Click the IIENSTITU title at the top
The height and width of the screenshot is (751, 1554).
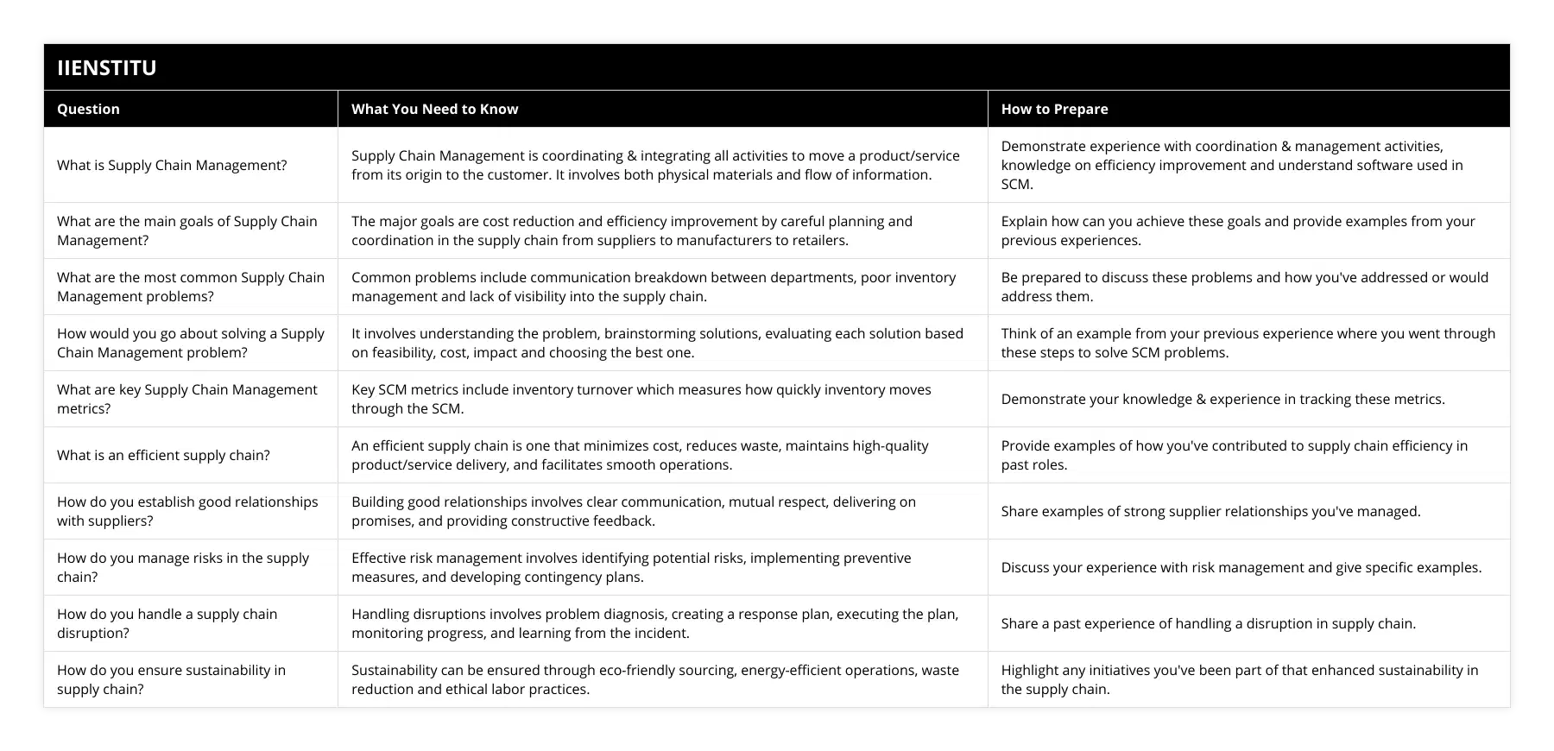(x=107, y=67)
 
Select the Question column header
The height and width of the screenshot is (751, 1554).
(x=88, y=109)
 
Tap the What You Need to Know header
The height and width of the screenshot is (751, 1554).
(x=434, y=109)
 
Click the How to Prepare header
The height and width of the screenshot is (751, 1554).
(x=1054, y=109)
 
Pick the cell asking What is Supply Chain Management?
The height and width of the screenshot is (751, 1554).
(x=172, y=165)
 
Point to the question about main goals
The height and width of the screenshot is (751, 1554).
(x=186, y=230)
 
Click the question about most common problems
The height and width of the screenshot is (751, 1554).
(x=190, y=287)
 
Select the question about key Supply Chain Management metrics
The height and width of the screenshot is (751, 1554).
(x=186, y=399)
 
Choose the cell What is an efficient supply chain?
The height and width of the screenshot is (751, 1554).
(x=163, y=455)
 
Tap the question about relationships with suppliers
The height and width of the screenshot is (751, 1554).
(x=186, y=511)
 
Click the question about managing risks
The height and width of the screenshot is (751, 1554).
(x=182, y=567)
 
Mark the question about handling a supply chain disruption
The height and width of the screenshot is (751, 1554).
(x=167, y=623)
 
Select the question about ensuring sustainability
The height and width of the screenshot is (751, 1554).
(x=171, y=679)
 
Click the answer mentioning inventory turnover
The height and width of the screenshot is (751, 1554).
(x=641, y=399)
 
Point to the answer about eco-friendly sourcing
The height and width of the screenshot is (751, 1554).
(x=654, y=679)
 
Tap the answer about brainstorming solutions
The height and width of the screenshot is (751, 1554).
(x=656, y=343)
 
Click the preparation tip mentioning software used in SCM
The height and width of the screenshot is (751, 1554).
(x=1231, y=165)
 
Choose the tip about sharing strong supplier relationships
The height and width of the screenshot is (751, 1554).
(x=1210, y=511)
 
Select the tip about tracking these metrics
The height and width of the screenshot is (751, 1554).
(x=1222, y=399)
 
